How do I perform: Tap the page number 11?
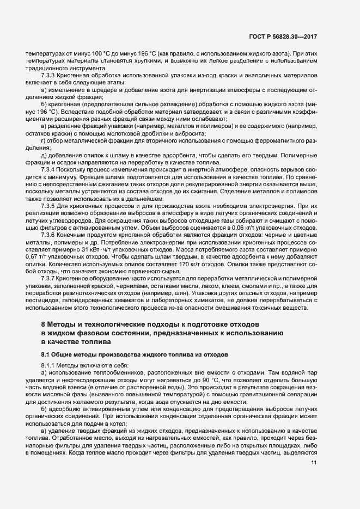[314, 463]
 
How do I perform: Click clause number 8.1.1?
[50, 364]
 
